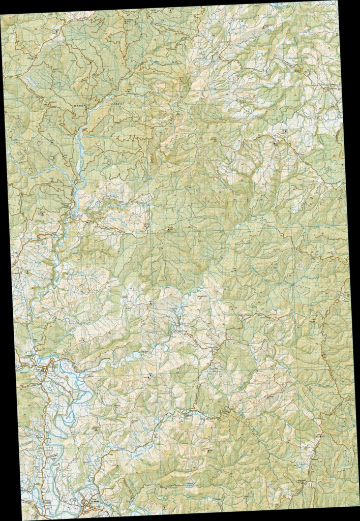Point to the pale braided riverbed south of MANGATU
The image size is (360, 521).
[79, 147]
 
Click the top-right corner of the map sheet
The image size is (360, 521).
[336, 1]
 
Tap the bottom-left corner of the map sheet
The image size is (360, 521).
[22, 519]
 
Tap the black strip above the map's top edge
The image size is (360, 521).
[102, 4]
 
